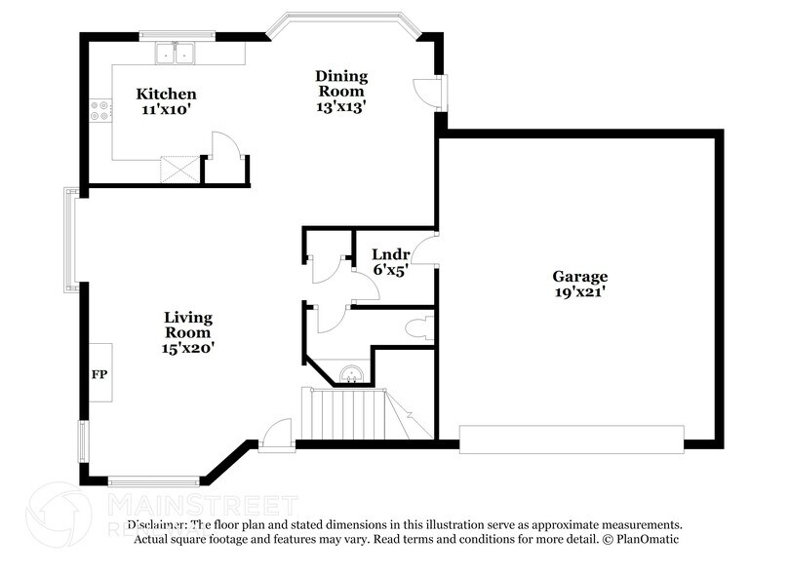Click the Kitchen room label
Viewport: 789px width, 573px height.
point(166,95)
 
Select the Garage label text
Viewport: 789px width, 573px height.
point(579,277)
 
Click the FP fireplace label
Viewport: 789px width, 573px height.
point(99,373)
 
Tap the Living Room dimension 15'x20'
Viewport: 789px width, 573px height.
point(188,347)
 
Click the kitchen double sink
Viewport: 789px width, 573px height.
point(178,55)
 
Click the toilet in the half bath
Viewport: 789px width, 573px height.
point(421,328)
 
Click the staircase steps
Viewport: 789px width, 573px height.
point(346,413)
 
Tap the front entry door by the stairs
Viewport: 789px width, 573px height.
point(278,435)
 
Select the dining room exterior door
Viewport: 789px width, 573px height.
point(428,93)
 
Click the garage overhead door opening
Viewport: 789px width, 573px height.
point(571,439)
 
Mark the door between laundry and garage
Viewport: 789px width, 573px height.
point(425,250)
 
